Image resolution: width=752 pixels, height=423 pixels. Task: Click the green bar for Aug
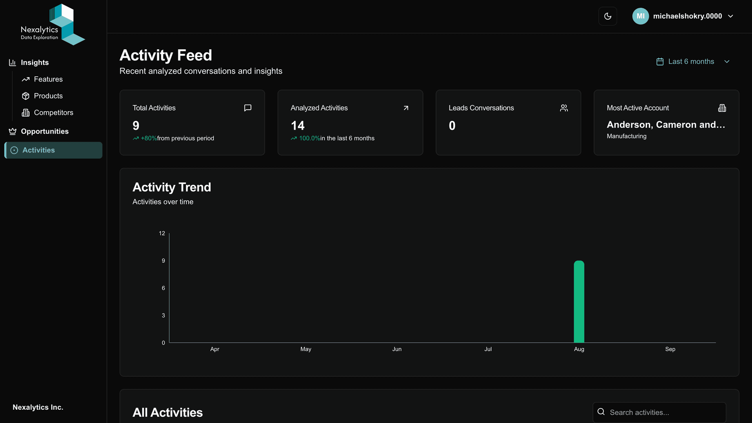pyautogui.click(x=579, y=302)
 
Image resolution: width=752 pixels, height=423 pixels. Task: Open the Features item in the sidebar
pyautogui.click(x=48, y=79)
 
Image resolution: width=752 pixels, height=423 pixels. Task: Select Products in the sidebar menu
pyautogui.click(x=48, y=96)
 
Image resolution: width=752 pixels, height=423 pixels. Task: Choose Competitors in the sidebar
pyautogui.click(x=53, y=113)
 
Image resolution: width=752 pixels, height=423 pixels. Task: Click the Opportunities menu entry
pyautogui.click(x=44, y=132)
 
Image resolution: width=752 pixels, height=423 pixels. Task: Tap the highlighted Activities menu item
pyautogui.click(x=38, y=150)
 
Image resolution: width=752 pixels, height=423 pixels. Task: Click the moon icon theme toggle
pyautogui.click(x=608, y=16)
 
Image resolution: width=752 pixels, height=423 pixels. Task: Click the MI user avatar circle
pyautogui.click(x=640, y=16)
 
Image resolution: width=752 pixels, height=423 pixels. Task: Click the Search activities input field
pyautogui.click(x=663, y=412)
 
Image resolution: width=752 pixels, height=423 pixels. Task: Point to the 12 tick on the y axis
pyautogui.click(x=162, y=233)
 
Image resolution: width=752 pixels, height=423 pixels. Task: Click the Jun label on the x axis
pyautogui.click(x=397, y=349)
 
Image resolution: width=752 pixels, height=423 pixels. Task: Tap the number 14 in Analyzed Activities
pyautogui.click(x=298, y=126)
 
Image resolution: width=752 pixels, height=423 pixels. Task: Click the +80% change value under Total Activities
pyautogui.click(x=149, y=138)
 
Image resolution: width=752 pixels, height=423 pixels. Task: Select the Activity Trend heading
pyautogui.click(x=172, y=187)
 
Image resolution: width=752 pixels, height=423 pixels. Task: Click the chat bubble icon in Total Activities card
pyautogui.click(x=247, y=108)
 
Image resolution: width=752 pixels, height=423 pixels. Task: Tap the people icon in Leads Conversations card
pyautogui.click(x=564, y=108)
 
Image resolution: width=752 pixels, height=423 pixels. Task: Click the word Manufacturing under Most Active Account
pyautogui.click(x=627, y=136)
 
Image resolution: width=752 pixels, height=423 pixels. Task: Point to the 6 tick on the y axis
pyautogui.click(x=163, y=288)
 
